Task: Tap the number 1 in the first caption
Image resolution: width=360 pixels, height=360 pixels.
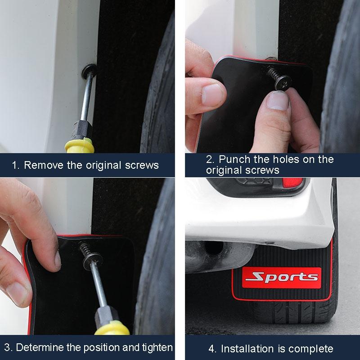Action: pyautogui.click(x=15, y=165)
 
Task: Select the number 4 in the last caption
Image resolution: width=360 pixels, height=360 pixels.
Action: pyautogui.click(x=211, y=349)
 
